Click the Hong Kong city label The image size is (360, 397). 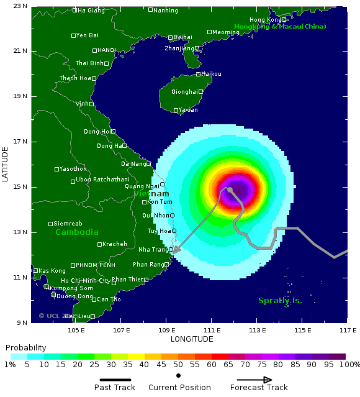[x=264, y=20]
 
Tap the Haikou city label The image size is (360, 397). [x=211, y=73]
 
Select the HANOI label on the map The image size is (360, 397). [x=106, y=50]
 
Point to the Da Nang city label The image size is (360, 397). [x=133, y=164]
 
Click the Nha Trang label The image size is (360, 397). [x=153, y=249]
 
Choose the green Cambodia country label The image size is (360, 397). [x=77, y=232]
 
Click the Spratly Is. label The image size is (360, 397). [x=281, y=301]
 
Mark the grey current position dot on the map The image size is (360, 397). [x=230, y=189]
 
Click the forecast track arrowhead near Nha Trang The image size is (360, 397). [x=176, y=251]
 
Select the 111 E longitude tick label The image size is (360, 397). [x=212, y=330]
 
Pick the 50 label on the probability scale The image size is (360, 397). [x=178, y=365]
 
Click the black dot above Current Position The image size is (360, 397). [x=178, y=376]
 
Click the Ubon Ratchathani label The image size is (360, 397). [x=102, y=180]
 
